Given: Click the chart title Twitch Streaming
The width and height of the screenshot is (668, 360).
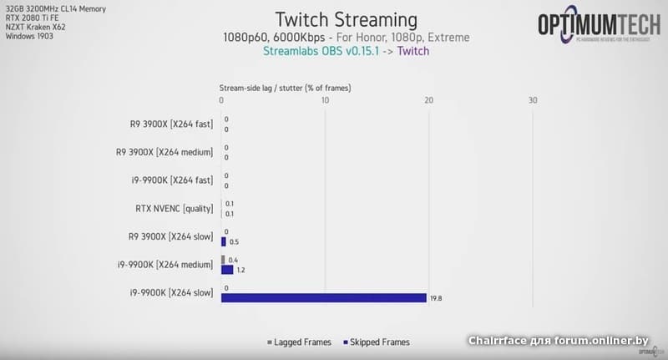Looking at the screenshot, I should [x=346, y=19].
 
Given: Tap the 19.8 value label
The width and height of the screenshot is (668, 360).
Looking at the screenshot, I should [x=436, y=297].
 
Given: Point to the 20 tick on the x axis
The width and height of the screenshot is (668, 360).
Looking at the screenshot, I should [x=428, y=100].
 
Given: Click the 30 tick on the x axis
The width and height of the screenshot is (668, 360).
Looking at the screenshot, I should [x=533, y=100].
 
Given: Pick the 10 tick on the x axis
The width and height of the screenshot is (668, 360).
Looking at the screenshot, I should [x=325, y=100].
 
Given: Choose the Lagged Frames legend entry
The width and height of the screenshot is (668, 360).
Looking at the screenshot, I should [x=301, y=342].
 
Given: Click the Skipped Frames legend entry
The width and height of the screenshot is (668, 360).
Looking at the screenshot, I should [x=377, y=342].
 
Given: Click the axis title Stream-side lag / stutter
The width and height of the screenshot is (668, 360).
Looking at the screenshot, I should [x=285, y=86].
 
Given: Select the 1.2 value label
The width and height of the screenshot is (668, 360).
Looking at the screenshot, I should [x=240, y=270].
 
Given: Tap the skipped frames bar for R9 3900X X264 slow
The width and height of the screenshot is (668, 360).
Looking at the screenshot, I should [x=223, y=241].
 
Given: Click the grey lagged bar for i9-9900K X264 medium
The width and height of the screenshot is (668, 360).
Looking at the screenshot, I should [x=223, y=260].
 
